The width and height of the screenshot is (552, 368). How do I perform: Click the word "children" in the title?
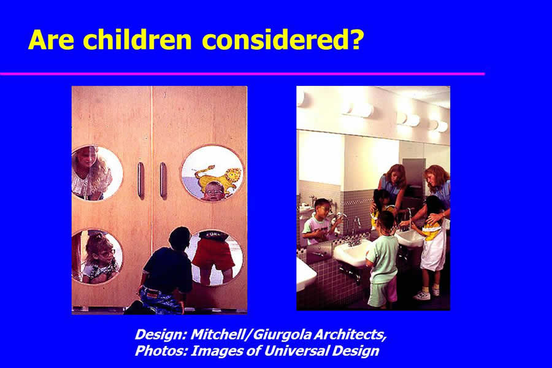coord(137,39)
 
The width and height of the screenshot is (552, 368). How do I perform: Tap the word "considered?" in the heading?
coord(283,39)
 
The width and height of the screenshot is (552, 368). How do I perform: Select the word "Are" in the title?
coord(51,39)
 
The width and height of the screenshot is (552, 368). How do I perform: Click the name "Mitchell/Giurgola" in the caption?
coord(251,334)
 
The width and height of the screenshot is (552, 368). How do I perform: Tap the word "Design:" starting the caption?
coord(161,334)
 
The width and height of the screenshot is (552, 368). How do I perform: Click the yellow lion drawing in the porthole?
coord(218,177)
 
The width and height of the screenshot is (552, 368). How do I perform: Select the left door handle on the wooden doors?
coord(141,181)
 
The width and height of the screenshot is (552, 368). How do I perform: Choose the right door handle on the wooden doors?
coord(163,181)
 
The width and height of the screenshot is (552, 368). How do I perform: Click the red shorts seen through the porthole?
coord(214,251)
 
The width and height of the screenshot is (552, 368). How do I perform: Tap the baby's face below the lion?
coord(213,191)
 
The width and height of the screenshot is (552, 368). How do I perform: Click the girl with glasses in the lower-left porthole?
coord(98,258)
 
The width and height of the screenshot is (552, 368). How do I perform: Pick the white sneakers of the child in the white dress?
coord(427,294)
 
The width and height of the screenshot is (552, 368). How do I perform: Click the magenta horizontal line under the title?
coord(242,74)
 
